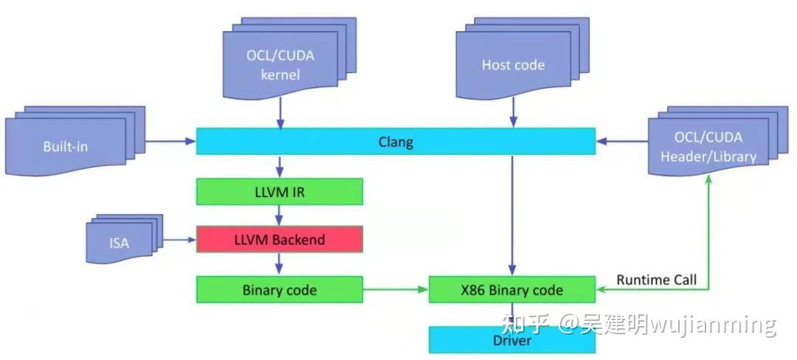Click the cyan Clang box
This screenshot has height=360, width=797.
(x=396, y=142)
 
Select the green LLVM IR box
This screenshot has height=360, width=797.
(x=280, y=192)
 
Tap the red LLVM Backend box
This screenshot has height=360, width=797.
(x=280, y=240)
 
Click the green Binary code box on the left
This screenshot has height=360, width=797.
(x=280, y=290)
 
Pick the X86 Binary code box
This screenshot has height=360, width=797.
(x=512, y=290)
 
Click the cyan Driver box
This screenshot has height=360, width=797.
(x=512, y=340)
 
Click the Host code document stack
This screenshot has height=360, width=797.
(x=512, y=63)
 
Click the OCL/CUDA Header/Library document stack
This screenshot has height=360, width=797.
(x=707, y=145)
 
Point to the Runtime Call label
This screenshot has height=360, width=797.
(x=656, y=280)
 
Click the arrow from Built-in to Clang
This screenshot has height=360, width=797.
(x=170, y=142)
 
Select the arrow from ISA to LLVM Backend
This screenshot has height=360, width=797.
(x=179, y=240)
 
